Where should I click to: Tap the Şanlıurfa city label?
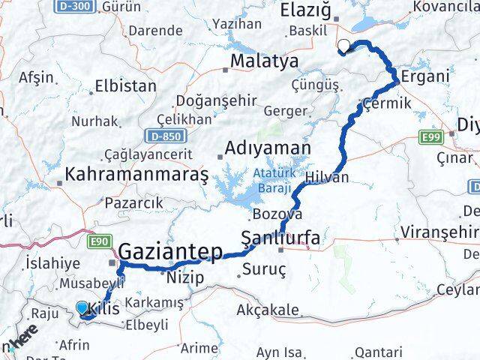[280, 238]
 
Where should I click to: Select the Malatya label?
[265, 61]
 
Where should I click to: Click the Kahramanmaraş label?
[136, 175]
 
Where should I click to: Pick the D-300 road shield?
[67, 6]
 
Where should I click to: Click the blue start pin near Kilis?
[82, 307]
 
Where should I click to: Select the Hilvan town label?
[327, 177]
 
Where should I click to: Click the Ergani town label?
[425, 77]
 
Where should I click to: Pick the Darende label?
[156, 31]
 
